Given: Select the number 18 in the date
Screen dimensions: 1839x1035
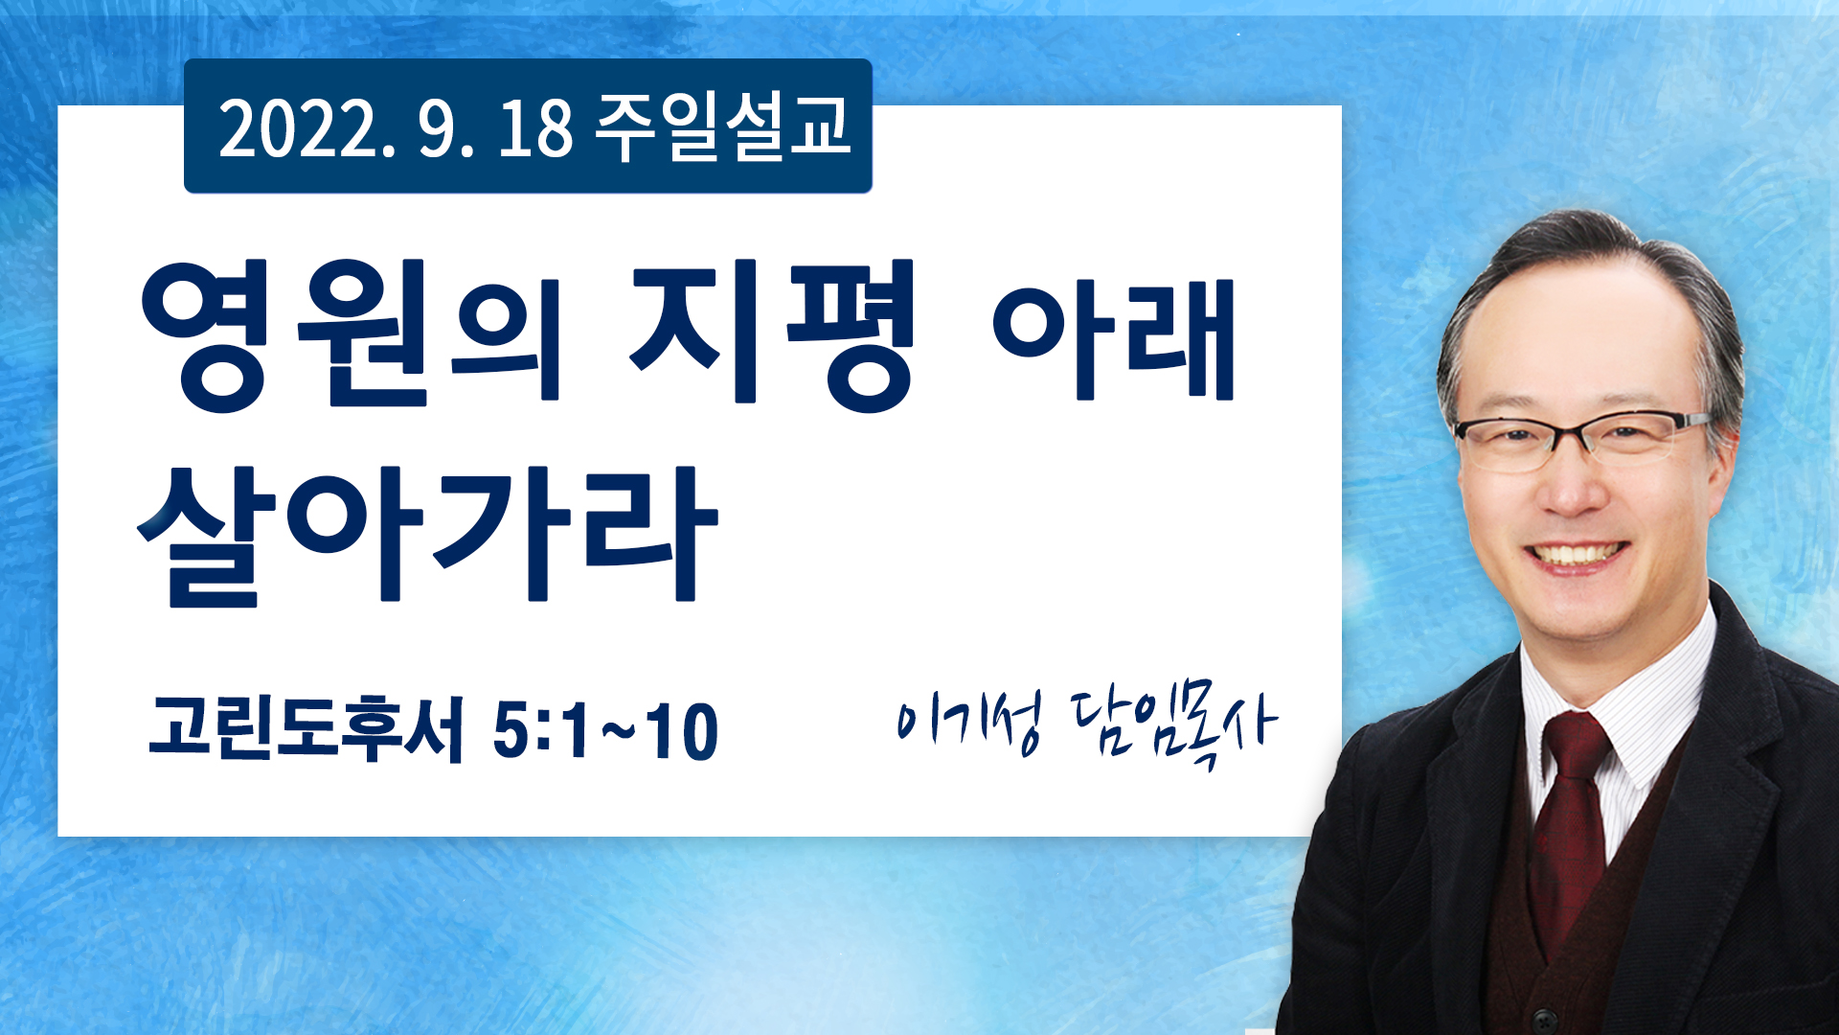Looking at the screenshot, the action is (534, 128).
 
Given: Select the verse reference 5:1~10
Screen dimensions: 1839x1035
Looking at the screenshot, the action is (605, 730).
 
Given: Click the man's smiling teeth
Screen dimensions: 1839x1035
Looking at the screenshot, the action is (1578, 554).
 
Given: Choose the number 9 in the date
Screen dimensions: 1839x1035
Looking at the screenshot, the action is (437, 128).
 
